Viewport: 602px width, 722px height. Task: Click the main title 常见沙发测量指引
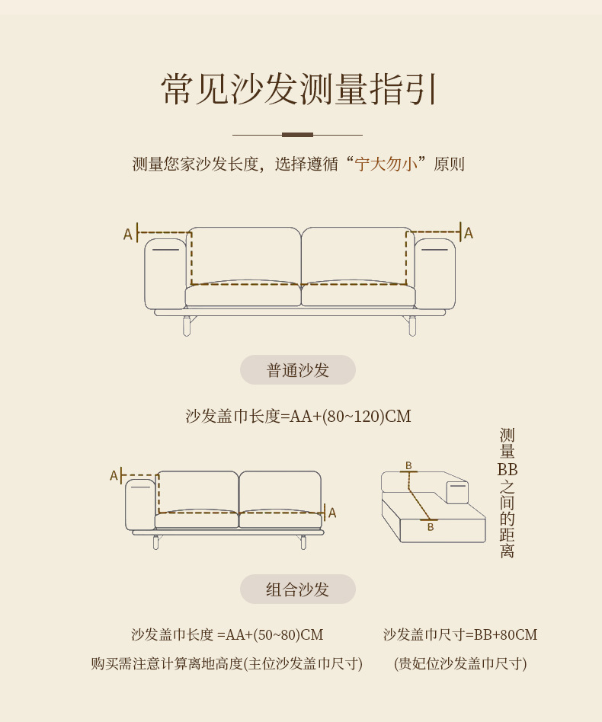299,90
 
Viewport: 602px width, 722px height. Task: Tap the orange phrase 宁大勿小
387,164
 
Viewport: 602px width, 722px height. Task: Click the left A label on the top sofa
127,234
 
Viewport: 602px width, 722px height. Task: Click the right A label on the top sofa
469,233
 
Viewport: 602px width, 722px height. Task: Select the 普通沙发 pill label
298,370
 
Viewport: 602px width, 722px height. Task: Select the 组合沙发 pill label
298,589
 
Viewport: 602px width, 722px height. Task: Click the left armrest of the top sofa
165,274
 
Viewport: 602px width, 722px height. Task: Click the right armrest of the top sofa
435,274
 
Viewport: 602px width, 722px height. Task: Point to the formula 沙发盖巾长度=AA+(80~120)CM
298,417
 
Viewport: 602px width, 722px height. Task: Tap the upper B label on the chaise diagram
408,465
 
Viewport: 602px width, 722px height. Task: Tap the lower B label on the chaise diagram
430,526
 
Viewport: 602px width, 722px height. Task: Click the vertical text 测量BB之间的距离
508,494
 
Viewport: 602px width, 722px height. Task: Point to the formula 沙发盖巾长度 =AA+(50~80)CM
227,635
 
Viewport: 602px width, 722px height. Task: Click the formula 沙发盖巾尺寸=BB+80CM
460,635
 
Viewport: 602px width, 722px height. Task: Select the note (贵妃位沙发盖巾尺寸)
460,663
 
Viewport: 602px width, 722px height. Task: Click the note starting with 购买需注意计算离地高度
227,663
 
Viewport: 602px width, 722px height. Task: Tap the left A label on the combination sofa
114,476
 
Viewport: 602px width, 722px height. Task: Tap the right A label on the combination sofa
332,513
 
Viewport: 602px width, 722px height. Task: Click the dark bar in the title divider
297,135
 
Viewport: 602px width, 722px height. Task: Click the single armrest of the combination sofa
140,504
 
